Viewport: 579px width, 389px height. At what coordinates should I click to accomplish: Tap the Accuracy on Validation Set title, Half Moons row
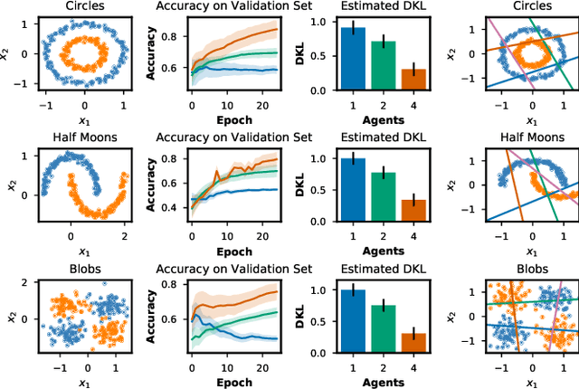[x=233, y=138]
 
